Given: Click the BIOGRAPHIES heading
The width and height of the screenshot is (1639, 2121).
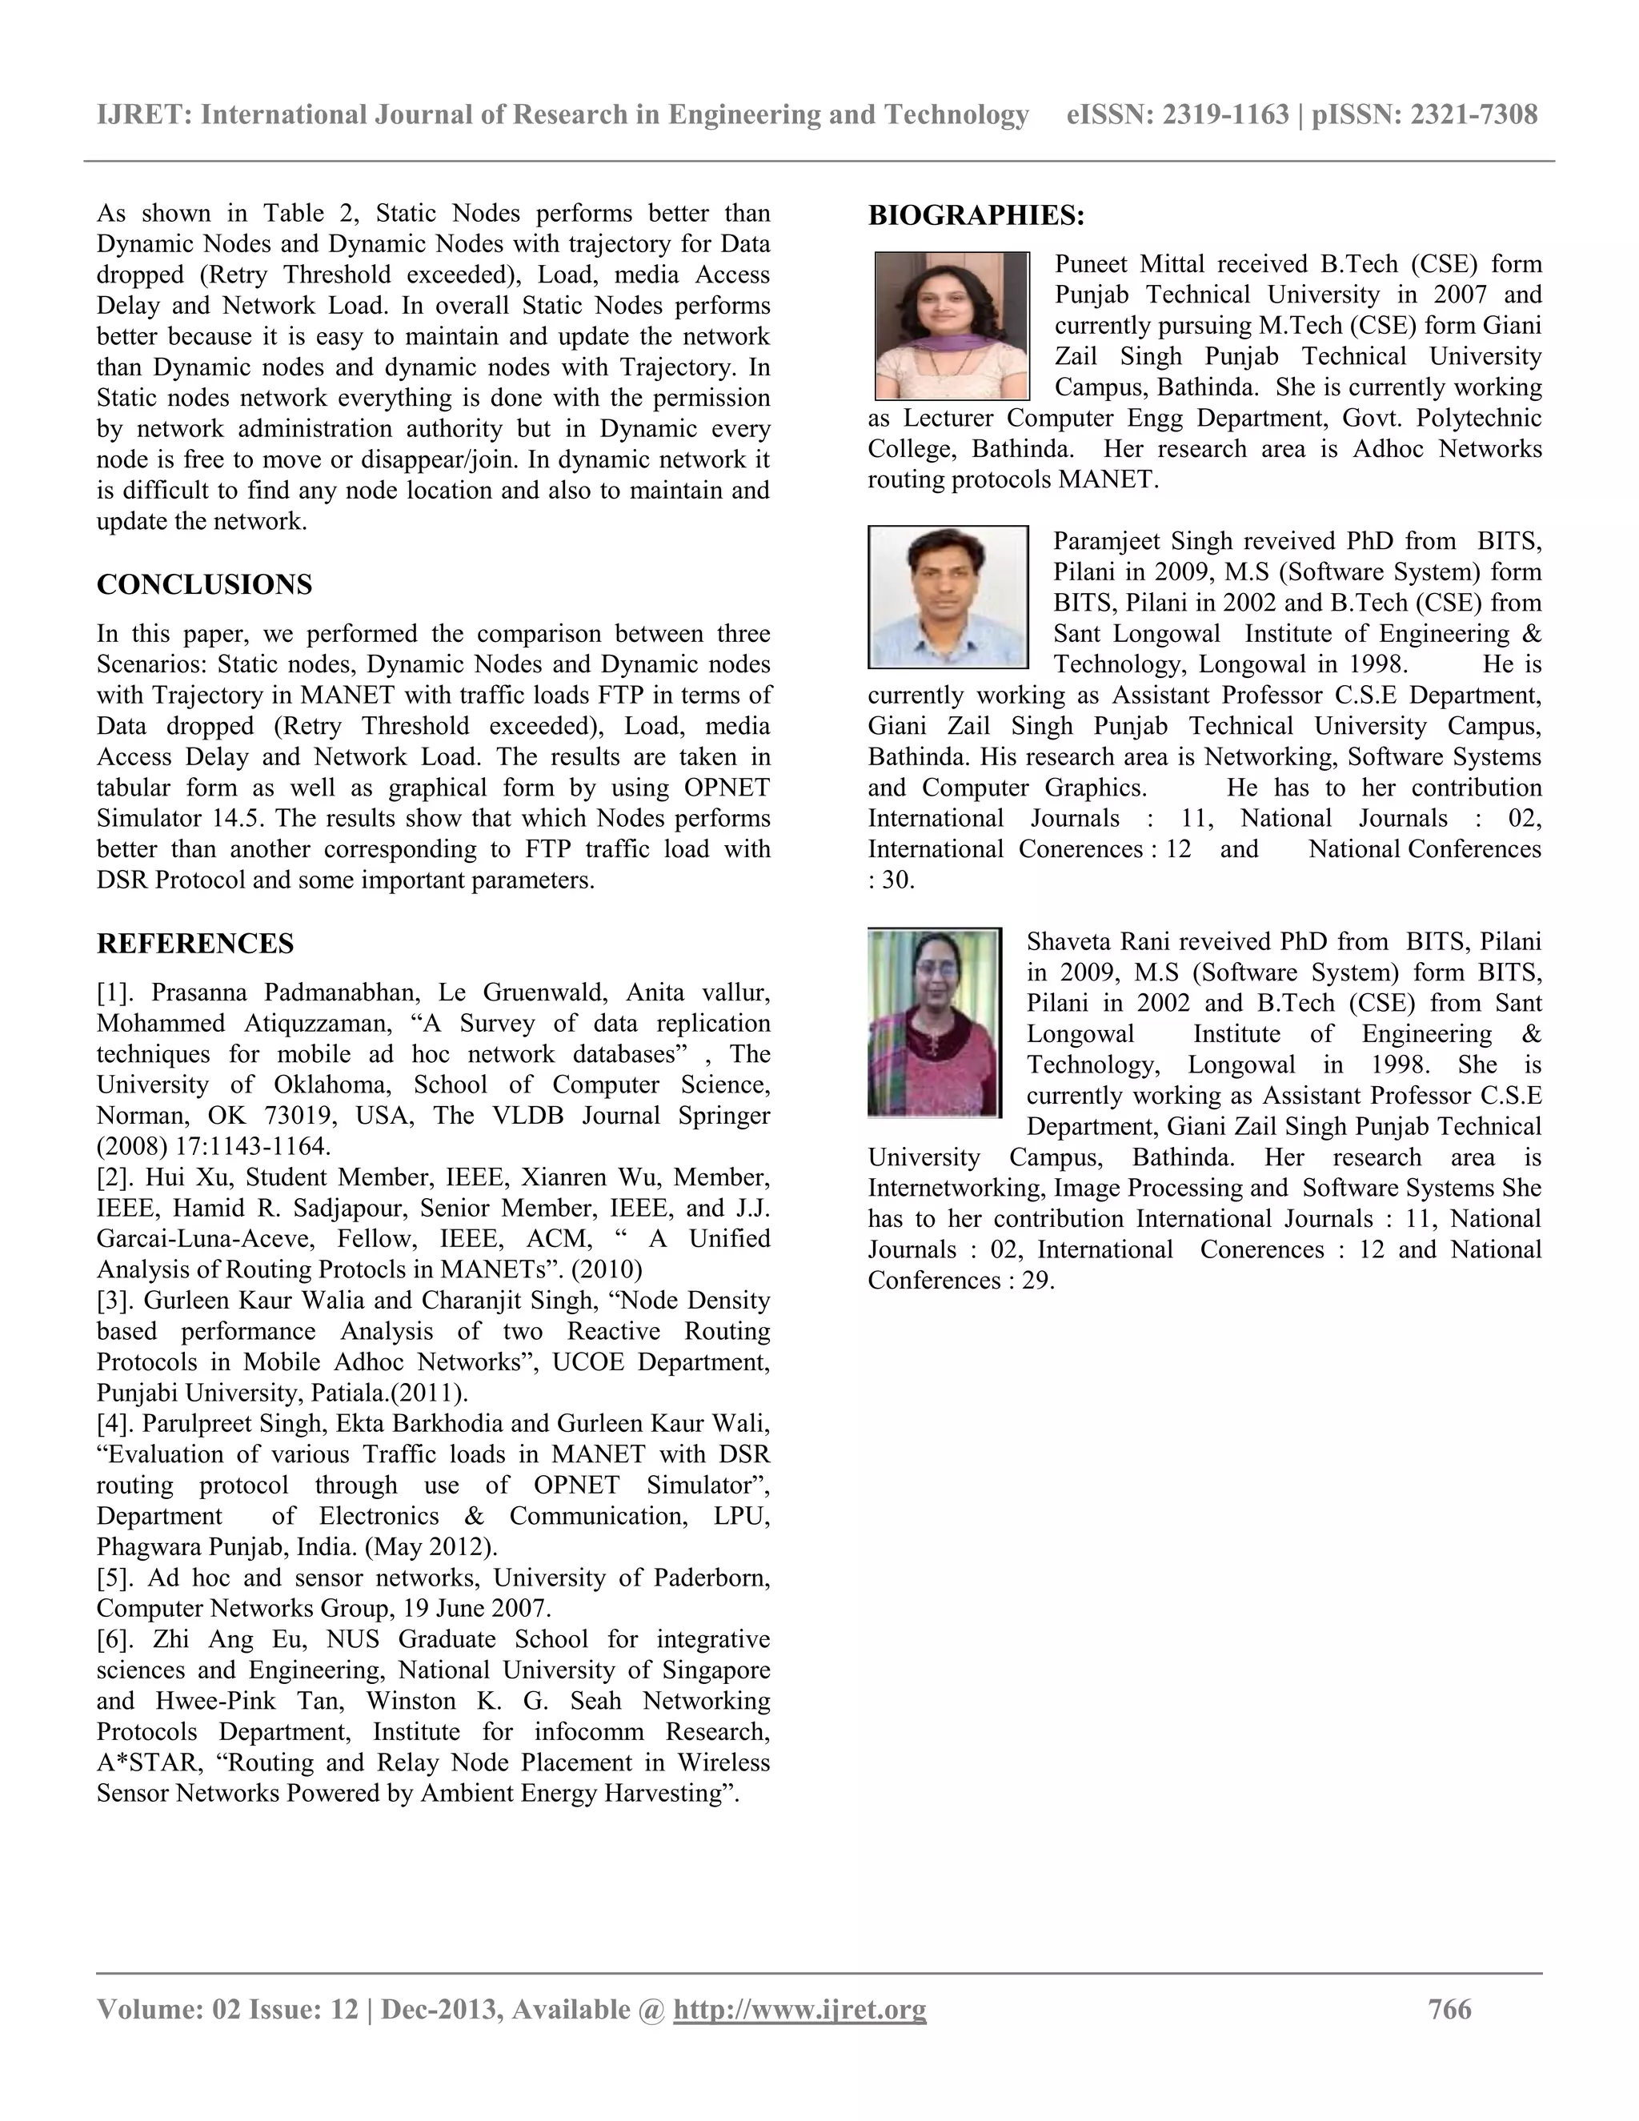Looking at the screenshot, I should pos(976,215).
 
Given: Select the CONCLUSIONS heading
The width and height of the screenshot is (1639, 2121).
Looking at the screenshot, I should pos(204,584).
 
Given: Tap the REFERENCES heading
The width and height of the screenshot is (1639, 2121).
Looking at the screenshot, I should pos(195,944).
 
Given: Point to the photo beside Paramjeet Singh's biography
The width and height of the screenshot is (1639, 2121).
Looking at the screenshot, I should pos(948,596).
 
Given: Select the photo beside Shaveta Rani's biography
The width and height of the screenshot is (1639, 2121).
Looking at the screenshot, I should pos(934,1023).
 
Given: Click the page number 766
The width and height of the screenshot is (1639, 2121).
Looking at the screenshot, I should pos(1449,2009).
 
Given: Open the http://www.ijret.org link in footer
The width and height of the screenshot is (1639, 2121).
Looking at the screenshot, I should pos(800,2009).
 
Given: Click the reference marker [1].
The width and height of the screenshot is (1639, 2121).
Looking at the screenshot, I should pos(120,992).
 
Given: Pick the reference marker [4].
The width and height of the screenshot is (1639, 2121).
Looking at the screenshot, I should pos(120,1424).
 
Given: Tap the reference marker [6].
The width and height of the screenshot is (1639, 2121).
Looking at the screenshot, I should pos(120,1639).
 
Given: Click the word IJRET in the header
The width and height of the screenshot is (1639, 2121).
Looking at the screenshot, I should pos(142,114).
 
